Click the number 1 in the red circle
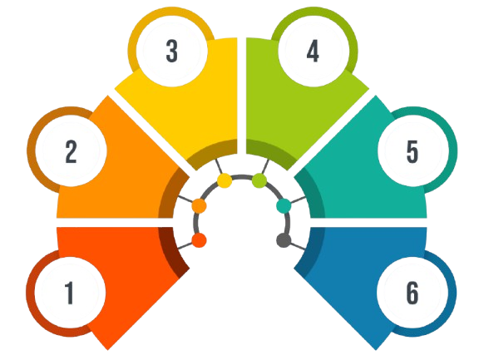click(70, 293)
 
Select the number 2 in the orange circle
click(72, 151)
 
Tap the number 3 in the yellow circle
click(171, 51)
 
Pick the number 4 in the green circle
click(313, 51)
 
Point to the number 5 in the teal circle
click(412, 151)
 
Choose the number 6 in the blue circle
click(412, 293)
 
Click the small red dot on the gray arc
click(200, 240)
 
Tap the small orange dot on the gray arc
click(200, 206)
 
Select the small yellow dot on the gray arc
click(225, 180)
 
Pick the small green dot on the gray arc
click(259, 180)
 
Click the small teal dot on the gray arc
click(284, 206)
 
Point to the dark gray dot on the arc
click(284, 240)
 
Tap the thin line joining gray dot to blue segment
click(298, 246)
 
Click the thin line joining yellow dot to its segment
click(219, 166)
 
